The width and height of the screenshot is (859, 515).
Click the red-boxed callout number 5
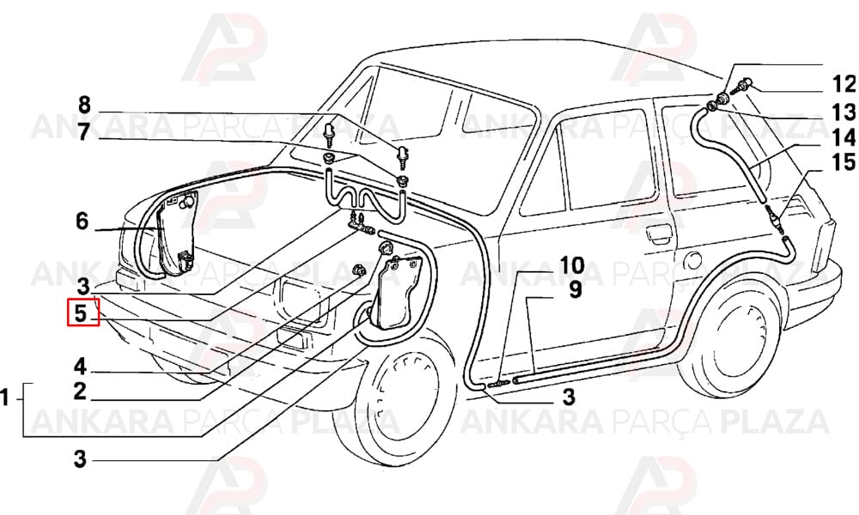click(x=81, y=314)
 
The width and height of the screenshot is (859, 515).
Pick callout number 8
click(x=84, y=105)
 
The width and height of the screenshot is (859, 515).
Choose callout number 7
click(x=83, y=132)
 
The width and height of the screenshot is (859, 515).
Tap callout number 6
click(x=82, y=221)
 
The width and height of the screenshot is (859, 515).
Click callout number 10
click(x=572, y=266)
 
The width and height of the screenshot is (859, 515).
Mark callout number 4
click(x=81, y=367)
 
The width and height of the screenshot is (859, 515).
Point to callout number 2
click(x=80, y=392)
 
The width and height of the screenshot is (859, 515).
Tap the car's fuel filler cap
click(x=693, y=260)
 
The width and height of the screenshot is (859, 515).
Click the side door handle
click(x=659, y=232)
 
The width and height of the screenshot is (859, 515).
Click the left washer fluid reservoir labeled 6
click(x=176, y=233)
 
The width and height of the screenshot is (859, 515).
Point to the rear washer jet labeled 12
click(x=743, y=87)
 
